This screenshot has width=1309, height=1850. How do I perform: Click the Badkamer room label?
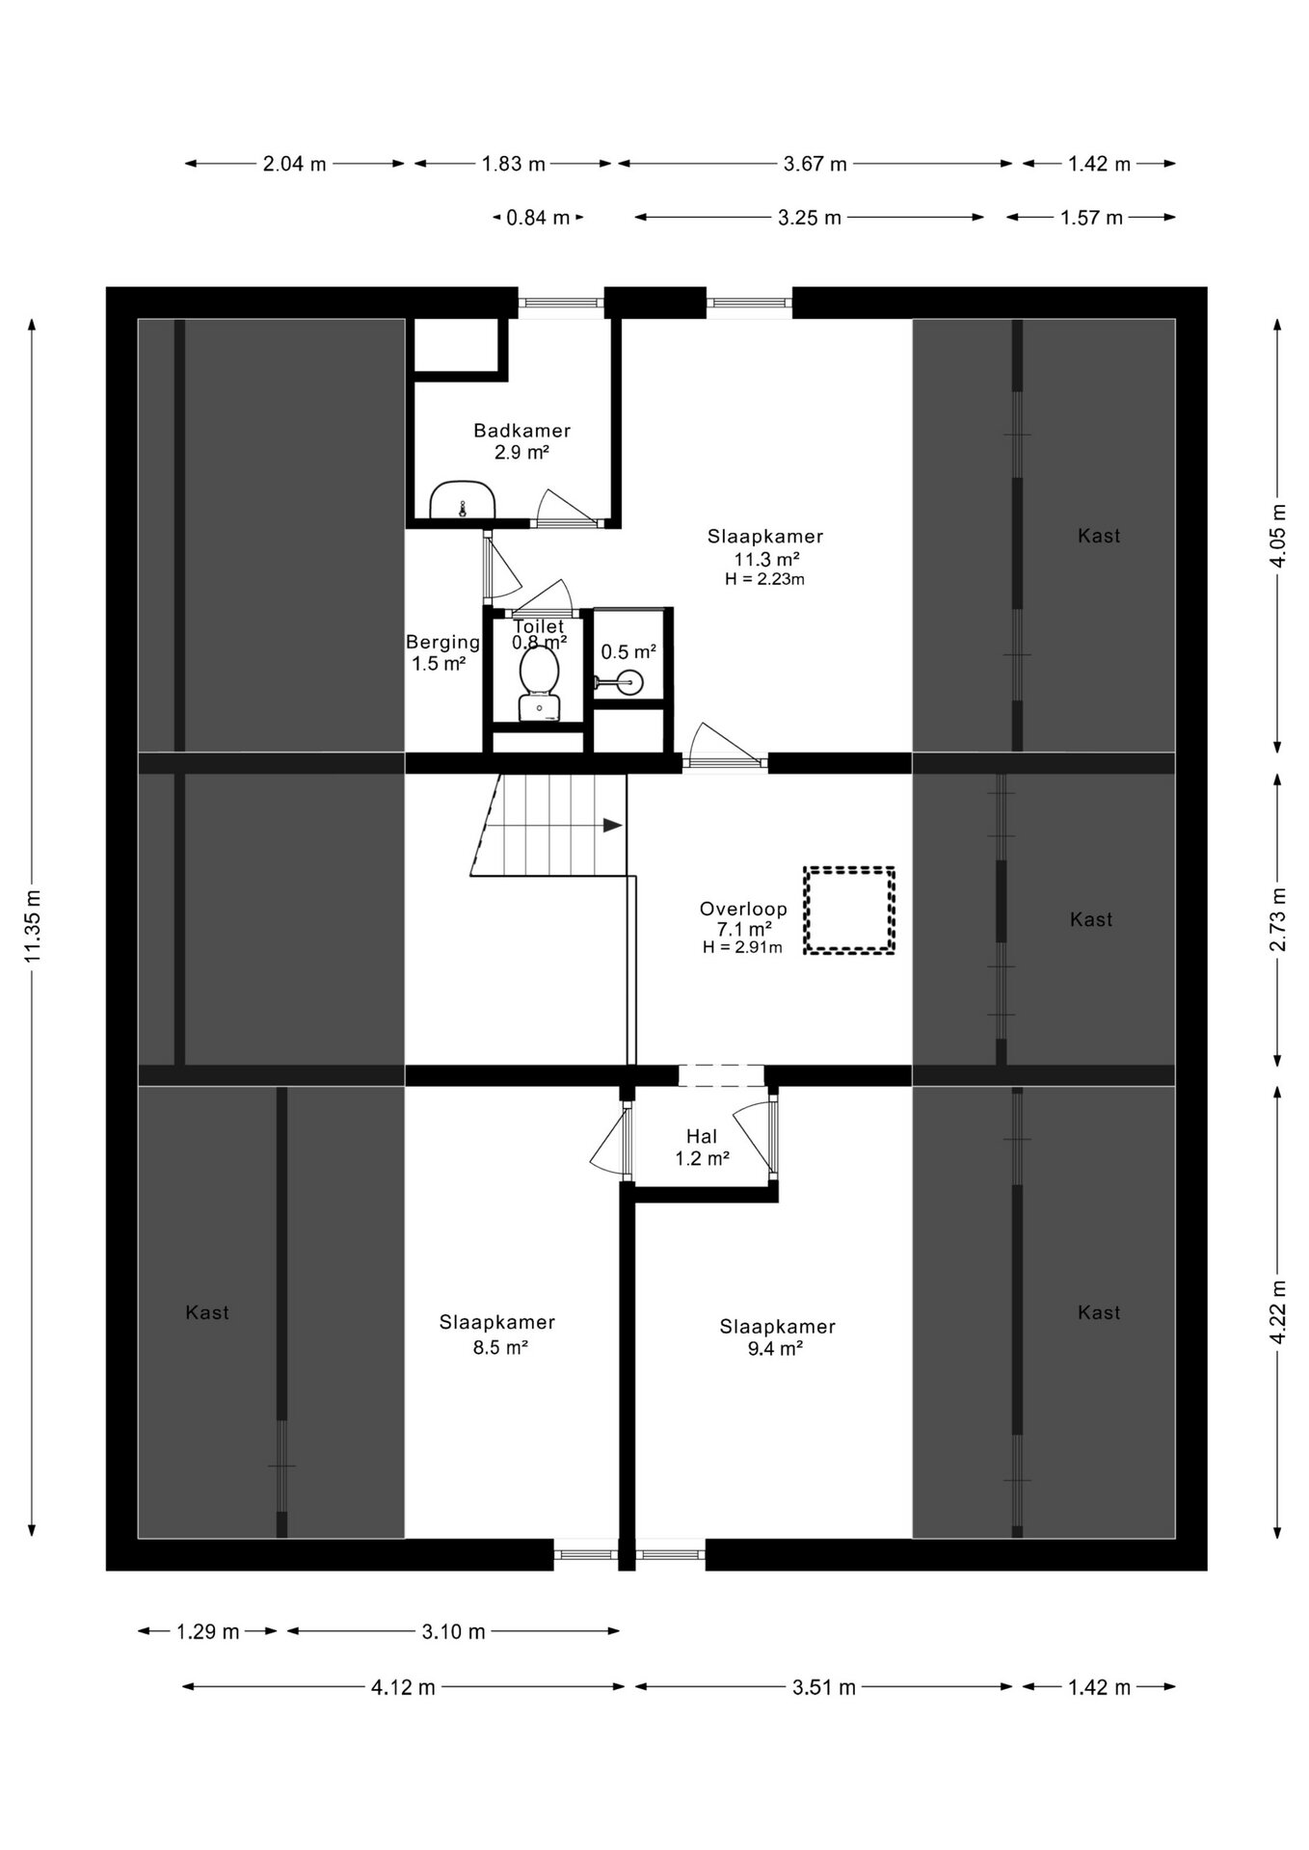coord(521,431)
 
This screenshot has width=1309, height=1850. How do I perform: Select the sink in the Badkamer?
coord(463,499)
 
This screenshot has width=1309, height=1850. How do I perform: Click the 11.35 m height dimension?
coord(32,926)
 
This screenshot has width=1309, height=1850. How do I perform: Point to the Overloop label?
coord(743,909)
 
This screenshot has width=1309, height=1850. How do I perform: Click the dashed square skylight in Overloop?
coord(849,911)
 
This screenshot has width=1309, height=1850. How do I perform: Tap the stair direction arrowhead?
coord(613,825)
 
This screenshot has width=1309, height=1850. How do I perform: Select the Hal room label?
coord(702,1137)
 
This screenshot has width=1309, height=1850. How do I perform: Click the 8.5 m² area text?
coord(500,1347)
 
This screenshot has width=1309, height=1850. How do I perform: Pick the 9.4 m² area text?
coord(776,1349)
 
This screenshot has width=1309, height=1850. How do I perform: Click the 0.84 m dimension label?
coord(538,218)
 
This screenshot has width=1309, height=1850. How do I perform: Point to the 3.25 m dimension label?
coord(810,218)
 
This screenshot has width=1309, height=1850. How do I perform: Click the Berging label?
coord(442,642)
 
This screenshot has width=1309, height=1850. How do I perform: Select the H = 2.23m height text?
coord(764,579)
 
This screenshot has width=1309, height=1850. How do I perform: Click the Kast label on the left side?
coord(207,1312)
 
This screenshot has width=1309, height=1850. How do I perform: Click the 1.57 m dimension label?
coord(1092,218)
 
